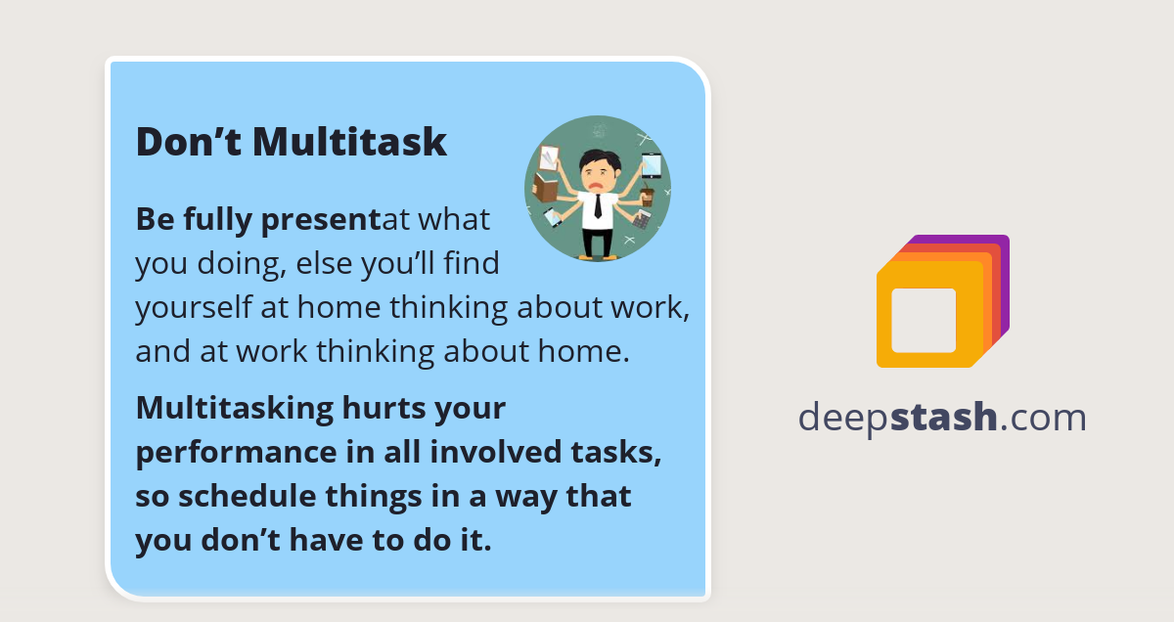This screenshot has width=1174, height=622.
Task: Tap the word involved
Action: [518, 452]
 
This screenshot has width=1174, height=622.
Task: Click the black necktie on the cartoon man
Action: [597, 204]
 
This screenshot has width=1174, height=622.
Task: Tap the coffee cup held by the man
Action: [647, 196]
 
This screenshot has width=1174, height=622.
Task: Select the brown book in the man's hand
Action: [544, 187]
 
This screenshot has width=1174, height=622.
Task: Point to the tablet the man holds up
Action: [652, 165]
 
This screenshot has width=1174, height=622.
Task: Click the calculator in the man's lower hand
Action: [641, 220]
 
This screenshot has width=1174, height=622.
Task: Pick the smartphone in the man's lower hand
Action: [553, 216]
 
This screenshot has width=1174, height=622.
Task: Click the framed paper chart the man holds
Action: [550, 156]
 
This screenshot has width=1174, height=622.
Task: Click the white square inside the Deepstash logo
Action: [924, 320]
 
